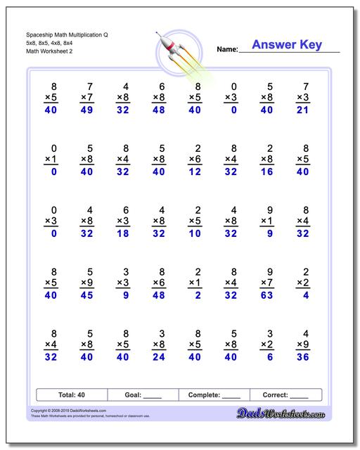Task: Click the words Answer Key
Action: coord(286,45)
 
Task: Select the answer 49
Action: coord(86,110)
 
